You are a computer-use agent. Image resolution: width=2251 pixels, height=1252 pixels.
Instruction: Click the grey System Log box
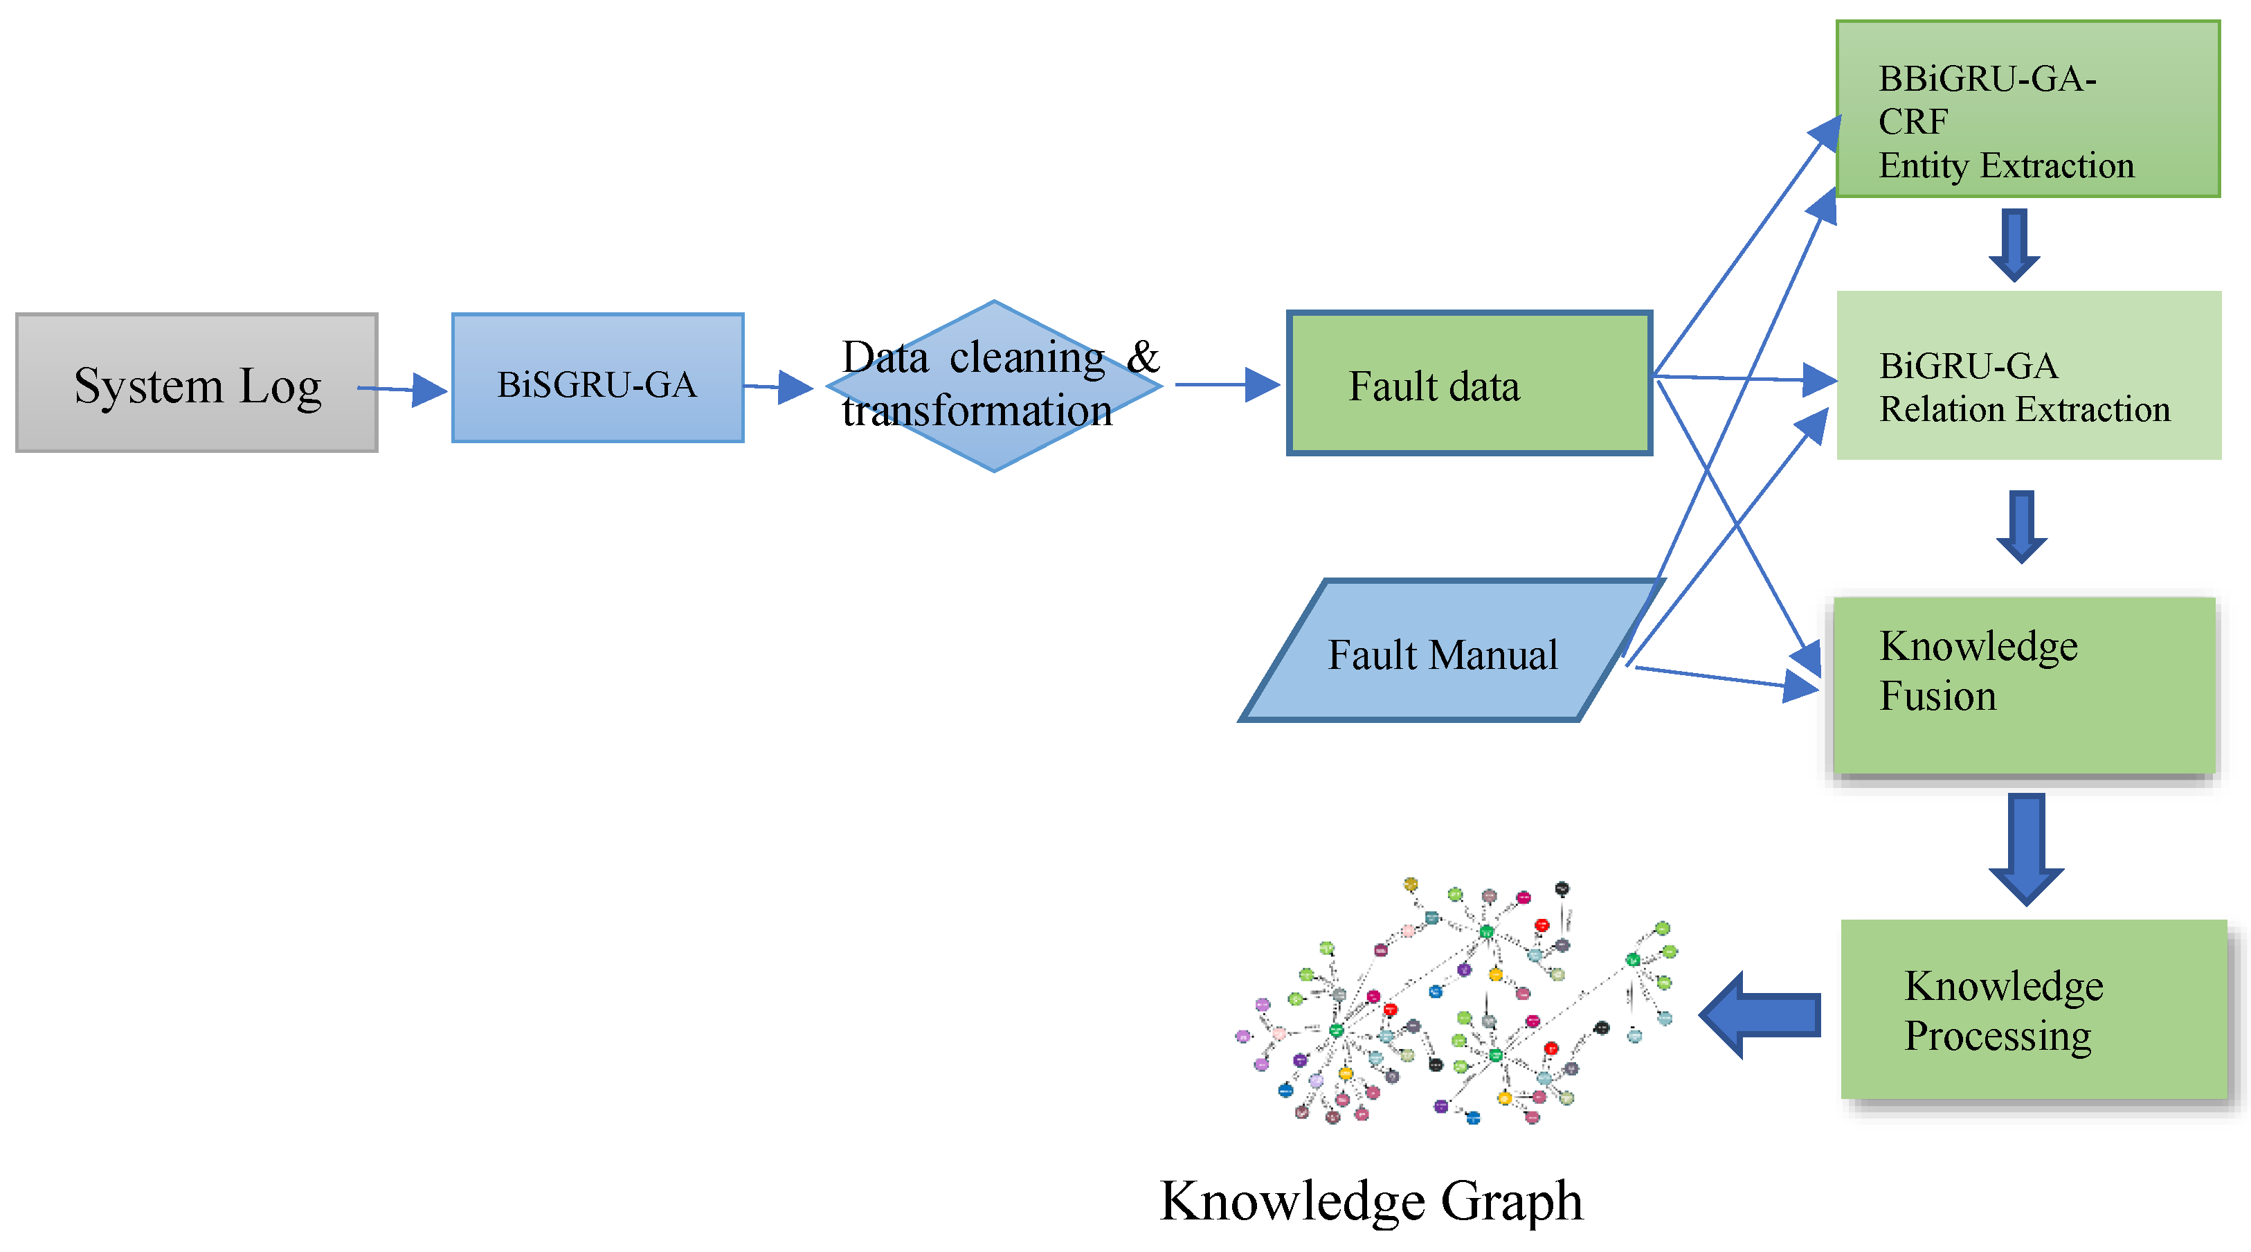click(x=197, y=383)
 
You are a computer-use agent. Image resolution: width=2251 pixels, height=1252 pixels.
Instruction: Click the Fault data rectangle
click(x=1469, y=384)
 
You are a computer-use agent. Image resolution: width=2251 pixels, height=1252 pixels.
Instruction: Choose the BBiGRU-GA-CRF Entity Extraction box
click(x=2027, y=109)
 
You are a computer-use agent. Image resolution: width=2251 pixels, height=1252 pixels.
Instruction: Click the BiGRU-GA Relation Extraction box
click(x=2027, y=376)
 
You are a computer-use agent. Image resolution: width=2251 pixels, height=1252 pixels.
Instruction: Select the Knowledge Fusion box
click(x=2023, y=686)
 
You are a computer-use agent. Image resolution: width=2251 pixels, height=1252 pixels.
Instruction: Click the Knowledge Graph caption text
click(x=1370, y=1201)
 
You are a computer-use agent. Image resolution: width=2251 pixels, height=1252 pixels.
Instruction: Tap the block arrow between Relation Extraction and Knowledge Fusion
click(x=2021, y=526)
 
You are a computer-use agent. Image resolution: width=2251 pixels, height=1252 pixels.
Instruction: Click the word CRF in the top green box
click(x=1913, y=121)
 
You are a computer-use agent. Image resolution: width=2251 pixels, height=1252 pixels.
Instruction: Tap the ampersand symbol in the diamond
click(x=1142, y=357)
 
